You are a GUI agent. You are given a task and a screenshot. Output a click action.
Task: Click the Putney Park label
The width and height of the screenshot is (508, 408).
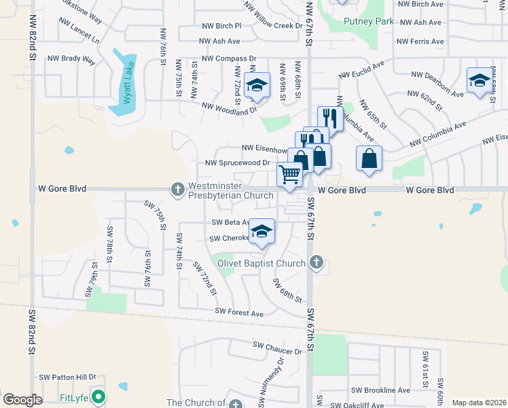pyautogui.click(x=369, y=22)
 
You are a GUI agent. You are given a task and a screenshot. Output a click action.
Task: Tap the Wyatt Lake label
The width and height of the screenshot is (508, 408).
pyautogui.click(x=127, y=82)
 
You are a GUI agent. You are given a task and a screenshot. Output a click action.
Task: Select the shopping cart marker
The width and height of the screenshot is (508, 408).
pyautogui.click(x=290, y=174)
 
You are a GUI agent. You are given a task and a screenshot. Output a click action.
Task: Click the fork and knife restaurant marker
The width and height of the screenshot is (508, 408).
pyautogui.click(x=330, y=118)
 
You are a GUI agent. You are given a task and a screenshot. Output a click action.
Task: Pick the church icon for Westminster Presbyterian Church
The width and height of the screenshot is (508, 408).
pyautogui.click(x=178, y=189)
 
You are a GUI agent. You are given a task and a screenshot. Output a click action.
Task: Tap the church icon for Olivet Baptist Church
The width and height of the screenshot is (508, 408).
pyautogui.click(x=316, y=262)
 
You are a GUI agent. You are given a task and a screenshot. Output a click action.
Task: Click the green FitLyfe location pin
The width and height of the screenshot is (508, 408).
pyautogui.click(x=100, y=396)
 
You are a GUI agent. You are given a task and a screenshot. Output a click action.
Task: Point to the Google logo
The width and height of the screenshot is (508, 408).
pyautogui.click(x=23, y=400)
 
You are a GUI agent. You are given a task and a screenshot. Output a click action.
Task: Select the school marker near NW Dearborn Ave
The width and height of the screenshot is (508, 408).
pyautogui.click(x=479, y=80)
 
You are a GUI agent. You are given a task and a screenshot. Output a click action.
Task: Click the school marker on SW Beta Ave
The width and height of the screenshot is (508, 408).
pyautogui.click(x=261, y=231)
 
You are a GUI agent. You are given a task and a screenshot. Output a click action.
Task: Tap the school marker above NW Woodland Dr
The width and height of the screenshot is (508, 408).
pyautogui.click(x=257, y=85)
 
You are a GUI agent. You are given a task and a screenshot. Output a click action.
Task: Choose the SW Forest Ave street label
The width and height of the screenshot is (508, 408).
pyautogui.click(x=239, y=313)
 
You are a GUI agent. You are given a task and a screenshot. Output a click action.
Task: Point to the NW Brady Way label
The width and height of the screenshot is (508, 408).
pyautogui.click(x=71, y=59)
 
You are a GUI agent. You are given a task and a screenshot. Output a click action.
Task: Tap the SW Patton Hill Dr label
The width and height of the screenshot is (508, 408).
pyautogui.click(x=68, y=377)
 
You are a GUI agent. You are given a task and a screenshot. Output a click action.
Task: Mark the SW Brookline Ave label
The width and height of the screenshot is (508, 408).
pyautogui.click(x=380, y=390)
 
